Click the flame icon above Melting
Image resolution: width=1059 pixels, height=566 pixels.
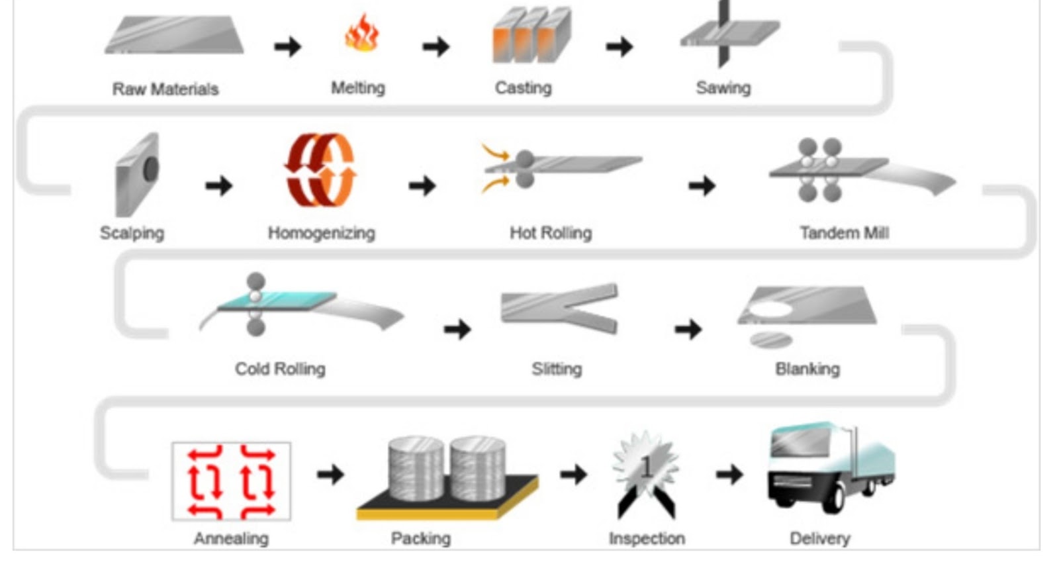click(361, 34)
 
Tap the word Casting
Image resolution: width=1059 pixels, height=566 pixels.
click(523, 87)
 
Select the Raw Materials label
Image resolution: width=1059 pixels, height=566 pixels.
click(165, 89)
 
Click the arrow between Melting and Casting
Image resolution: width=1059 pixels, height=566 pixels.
click(436, 46)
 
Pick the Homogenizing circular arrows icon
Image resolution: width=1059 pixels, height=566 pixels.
click(321, 170)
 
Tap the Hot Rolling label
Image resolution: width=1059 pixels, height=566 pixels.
click(550, 232)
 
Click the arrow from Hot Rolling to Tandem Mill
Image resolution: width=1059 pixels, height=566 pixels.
click(702, 185)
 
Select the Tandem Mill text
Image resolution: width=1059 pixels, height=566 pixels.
click(844, 232)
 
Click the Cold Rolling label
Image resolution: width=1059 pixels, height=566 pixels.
click(280, 369)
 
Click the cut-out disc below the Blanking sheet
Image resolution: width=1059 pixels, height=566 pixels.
click(771, 340)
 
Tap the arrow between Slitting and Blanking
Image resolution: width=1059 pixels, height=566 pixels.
click(688, 329)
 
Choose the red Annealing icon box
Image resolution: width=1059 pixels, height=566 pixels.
click(231, 481)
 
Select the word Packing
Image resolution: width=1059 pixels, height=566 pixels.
click(420, 538)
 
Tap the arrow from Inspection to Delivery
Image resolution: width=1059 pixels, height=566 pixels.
click(729, 474)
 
